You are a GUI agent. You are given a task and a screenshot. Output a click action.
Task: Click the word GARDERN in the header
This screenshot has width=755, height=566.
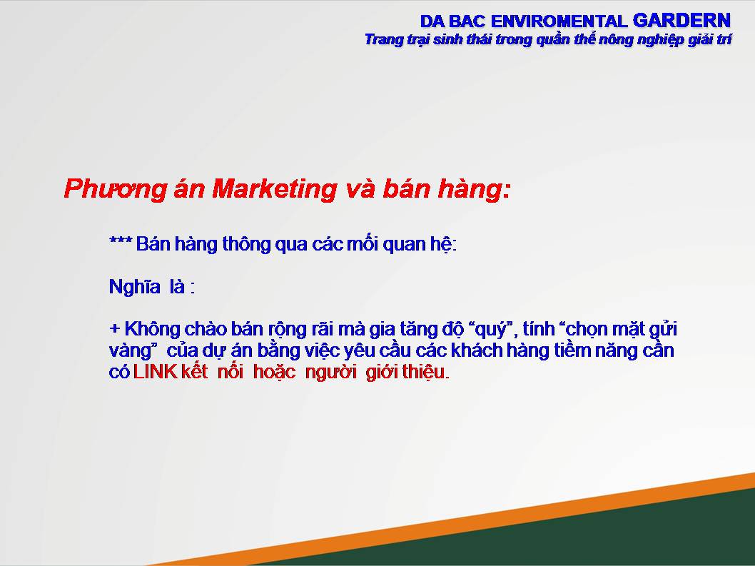click(681, 20)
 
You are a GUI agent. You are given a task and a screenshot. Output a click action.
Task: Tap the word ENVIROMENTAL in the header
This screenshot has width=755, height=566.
click(559, 21)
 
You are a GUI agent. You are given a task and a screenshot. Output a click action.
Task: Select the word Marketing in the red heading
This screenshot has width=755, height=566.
click(274, 188)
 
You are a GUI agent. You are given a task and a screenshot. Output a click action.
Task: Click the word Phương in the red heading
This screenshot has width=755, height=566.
click(115, 189)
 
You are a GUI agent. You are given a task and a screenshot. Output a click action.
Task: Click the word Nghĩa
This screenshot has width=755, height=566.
click(134, 287)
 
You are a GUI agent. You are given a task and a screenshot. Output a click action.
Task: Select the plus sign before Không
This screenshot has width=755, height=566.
click(114, 329)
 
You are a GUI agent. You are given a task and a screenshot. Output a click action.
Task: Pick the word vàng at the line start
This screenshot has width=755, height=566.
click(131, 351)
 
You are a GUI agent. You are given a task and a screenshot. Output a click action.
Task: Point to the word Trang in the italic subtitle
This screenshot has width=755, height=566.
click(383, 39)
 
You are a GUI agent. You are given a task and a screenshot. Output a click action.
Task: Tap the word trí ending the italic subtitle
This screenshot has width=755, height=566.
click(724, 39)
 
